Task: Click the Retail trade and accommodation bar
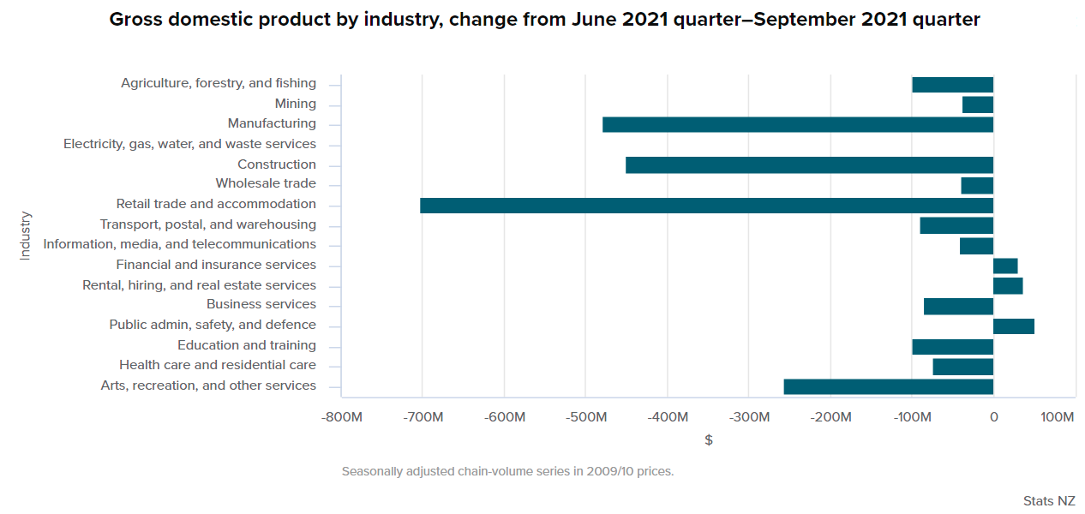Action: pos(706,206)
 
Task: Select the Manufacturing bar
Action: pos(797,125)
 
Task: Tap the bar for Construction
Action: pos(809,165)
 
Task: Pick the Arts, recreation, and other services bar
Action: pos(888,386)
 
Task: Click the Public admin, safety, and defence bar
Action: pos(1013,326)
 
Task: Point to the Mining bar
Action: pos(977,105)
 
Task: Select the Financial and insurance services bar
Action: pos(1004,266)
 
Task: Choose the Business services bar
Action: pos(958,306)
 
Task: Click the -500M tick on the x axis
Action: pos(585,417)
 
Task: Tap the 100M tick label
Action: pos(1058,417)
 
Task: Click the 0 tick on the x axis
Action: pos(993,417)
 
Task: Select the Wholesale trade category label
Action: pos(266,183)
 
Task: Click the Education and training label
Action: pos(247,345)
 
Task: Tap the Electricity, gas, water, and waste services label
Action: pos(189,144)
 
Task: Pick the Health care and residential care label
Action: pos(218,365)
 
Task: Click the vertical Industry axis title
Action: pos(25,236)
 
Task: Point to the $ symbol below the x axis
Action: pos(708,440)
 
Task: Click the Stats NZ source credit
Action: pos(1048,500)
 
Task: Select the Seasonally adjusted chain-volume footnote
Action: pos(507,471)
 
